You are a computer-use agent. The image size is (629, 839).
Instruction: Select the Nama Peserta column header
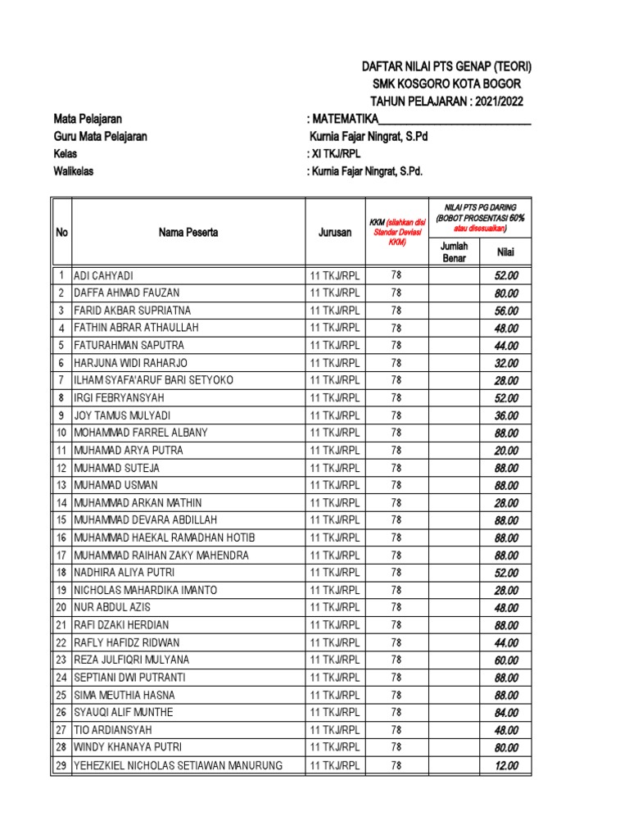click(188, 233)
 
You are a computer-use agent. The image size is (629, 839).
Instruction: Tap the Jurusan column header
click(334, 233)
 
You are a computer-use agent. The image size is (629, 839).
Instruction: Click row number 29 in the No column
click(61, 765)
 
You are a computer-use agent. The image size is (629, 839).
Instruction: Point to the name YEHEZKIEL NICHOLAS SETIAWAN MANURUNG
click(178, 765)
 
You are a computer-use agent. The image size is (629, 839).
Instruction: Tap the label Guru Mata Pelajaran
click(100, 136)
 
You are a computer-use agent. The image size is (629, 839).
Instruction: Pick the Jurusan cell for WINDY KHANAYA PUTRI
click(334, 747)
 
